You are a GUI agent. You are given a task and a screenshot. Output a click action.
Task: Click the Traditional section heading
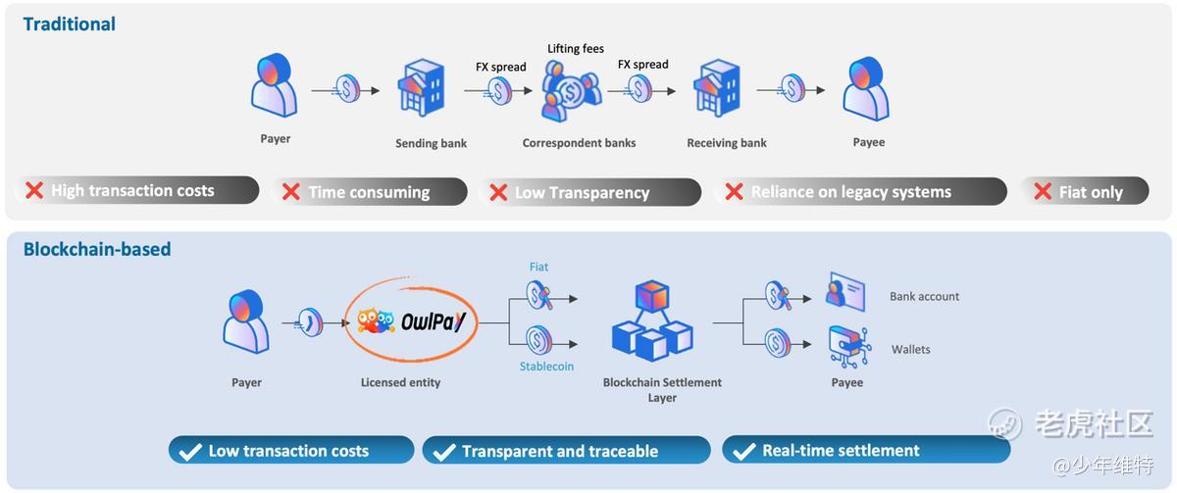[x=70, y=25]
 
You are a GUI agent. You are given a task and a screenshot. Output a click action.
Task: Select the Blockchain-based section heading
[x=97, y=249]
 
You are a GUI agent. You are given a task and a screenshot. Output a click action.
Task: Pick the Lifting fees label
[x=575, y=48]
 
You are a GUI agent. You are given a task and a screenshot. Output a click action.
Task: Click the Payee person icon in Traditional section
[x=867, y=89]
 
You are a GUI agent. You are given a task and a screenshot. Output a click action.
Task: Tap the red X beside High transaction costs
[x=34, y=190]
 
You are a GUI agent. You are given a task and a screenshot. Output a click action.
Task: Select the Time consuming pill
[x=369, y=192]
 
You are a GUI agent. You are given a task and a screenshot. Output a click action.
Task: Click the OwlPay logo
[x=411, y=320]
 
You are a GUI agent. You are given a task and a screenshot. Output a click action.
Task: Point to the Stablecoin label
[x=546, y=366]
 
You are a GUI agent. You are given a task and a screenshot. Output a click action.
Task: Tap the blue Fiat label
[x=538, y=267]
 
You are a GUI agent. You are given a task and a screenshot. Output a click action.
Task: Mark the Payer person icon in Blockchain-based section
[x=246, y=321]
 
